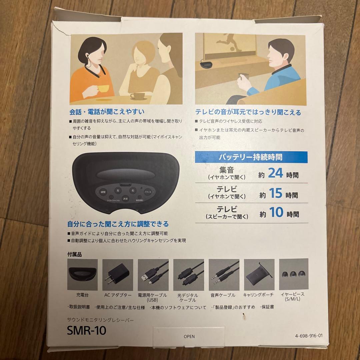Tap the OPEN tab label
coord(189,336)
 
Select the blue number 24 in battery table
coord(275,174)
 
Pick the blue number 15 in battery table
coord(275,193)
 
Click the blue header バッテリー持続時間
coord(251,157)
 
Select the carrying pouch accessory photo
coord(259,274)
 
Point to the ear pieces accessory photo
coord(293,274)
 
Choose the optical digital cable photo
coord(188,274)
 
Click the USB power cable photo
coord(153,274)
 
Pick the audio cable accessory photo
coord(224,274)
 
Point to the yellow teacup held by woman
coord(103,89)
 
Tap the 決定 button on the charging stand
coord(125,198)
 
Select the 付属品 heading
coord(74,255)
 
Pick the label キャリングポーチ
coord(259,295)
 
